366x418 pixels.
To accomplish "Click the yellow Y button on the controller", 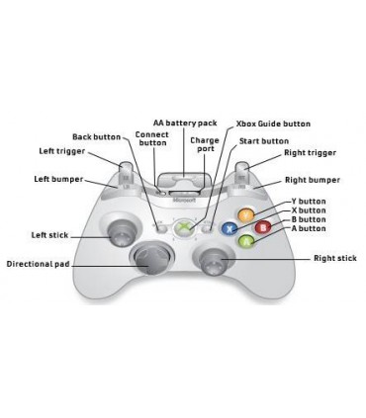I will pyautogui.click(x=246, y=213).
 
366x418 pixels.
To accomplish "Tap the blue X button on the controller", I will pyautogui.click(x=229, y=227).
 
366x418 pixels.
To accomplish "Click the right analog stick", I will pyautogui.click(x=214, y=262).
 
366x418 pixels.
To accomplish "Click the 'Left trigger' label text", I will pyautogui.click(x=61, y=151).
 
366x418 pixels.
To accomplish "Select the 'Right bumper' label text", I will pyautogui.click(x=312, y=181).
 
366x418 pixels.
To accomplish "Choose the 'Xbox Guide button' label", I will pyautogui.click(x=273, y=124).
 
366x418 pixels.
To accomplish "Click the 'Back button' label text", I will pyautogui.click(x=97, y=136).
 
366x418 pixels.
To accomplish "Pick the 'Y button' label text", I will pyautogui.click(x=309, y=200).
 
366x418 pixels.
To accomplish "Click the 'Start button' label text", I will pyautogui.click(x=263, y=141).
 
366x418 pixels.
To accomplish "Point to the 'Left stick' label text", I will pyautogui.click(x=50, y=234).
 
